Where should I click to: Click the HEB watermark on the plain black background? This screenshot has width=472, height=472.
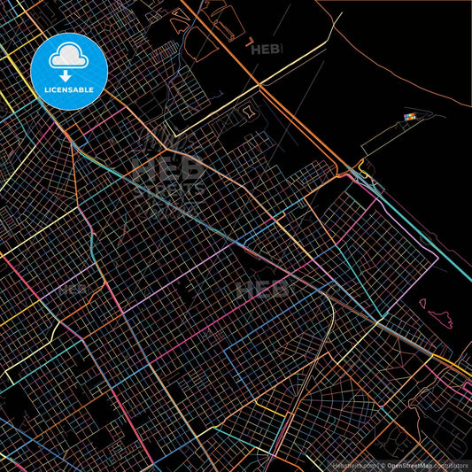pos(266,50)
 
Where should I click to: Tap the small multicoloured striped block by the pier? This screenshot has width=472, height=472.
pos(409,116)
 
